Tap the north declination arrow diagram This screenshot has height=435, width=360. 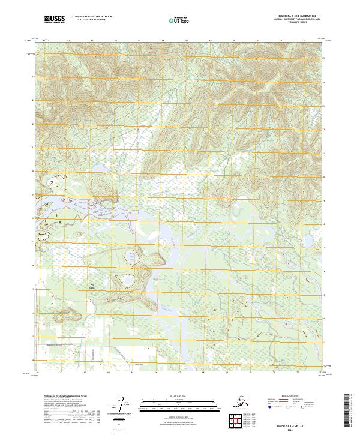coord(124,405)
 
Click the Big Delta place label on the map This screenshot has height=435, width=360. coord(92,286)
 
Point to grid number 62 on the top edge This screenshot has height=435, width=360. coord(68,41)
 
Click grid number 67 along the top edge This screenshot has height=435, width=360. coord(187,41)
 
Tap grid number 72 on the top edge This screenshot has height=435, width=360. coord(305,41)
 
